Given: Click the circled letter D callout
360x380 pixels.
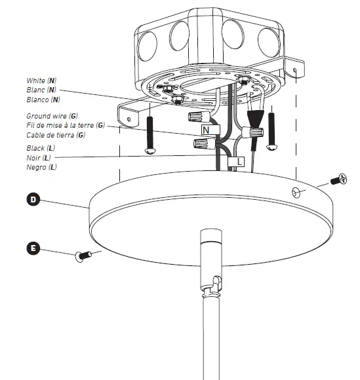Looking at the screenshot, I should click(x=31, y=199).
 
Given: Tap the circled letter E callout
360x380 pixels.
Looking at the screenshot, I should click(x=31, y=248).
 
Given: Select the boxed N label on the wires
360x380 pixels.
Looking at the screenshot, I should click(x=205, y=130).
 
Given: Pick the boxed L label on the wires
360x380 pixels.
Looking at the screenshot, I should click(x=239, y=160).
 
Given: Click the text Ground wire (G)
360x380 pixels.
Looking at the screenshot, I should click(x=43, y=115).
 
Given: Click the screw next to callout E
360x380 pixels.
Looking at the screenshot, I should click(x=83, y=257).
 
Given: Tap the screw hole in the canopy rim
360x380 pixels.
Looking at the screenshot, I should click(x=294, y=191).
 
